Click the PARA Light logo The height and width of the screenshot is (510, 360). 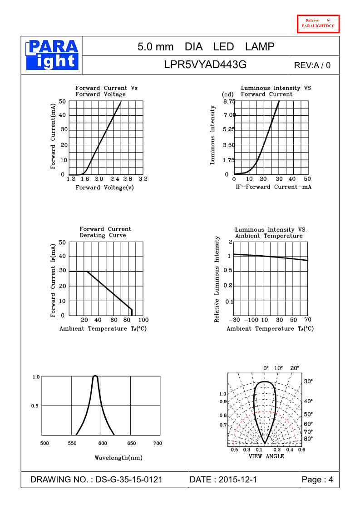(x=52, y=54)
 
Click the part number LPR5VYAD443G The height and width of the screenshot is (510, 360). (x=205, y=65)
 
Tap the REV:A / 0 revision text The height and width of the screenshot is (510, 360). (x=312, y=65)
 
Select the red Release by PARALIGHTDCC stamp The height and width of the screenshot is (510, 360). (x=318, y=24)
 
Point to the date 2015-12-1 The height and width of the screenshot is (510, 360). (x=237, y=480)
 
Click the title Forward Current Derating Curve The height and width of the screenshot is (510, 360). (x=105, y=232)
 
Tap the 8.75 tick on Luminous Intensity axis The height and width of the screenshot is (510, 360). (x=229, y=101)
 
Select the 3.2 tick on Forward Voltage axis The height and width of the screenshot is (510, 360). (x=143, y=179)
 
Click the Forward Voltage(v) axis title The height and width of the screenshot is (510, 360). (x=105, y=188)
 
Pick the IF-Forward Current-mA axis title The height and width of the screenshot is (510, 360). (x=273, y=187)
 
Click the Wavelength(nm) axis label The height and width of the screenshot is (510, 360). (x=118, y=457)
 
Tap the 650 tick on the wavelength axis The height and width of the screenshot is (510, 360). (x=131, y=443)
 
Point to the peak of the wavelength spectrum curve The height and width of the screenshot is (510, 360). (x=95, y=376)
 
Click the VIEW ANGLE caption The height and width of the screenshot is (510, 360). (x=266, y=456)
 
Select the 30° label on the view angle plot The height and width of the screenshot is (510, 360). (x=308, y=381)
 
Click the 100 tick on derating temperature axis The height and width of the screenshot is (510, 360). (x=143, y=320)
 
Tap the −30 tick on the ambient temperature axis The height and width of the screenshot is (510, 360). (x=234, y=320)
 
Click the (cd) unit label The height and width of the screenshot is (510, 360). (x=227, y=94)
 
